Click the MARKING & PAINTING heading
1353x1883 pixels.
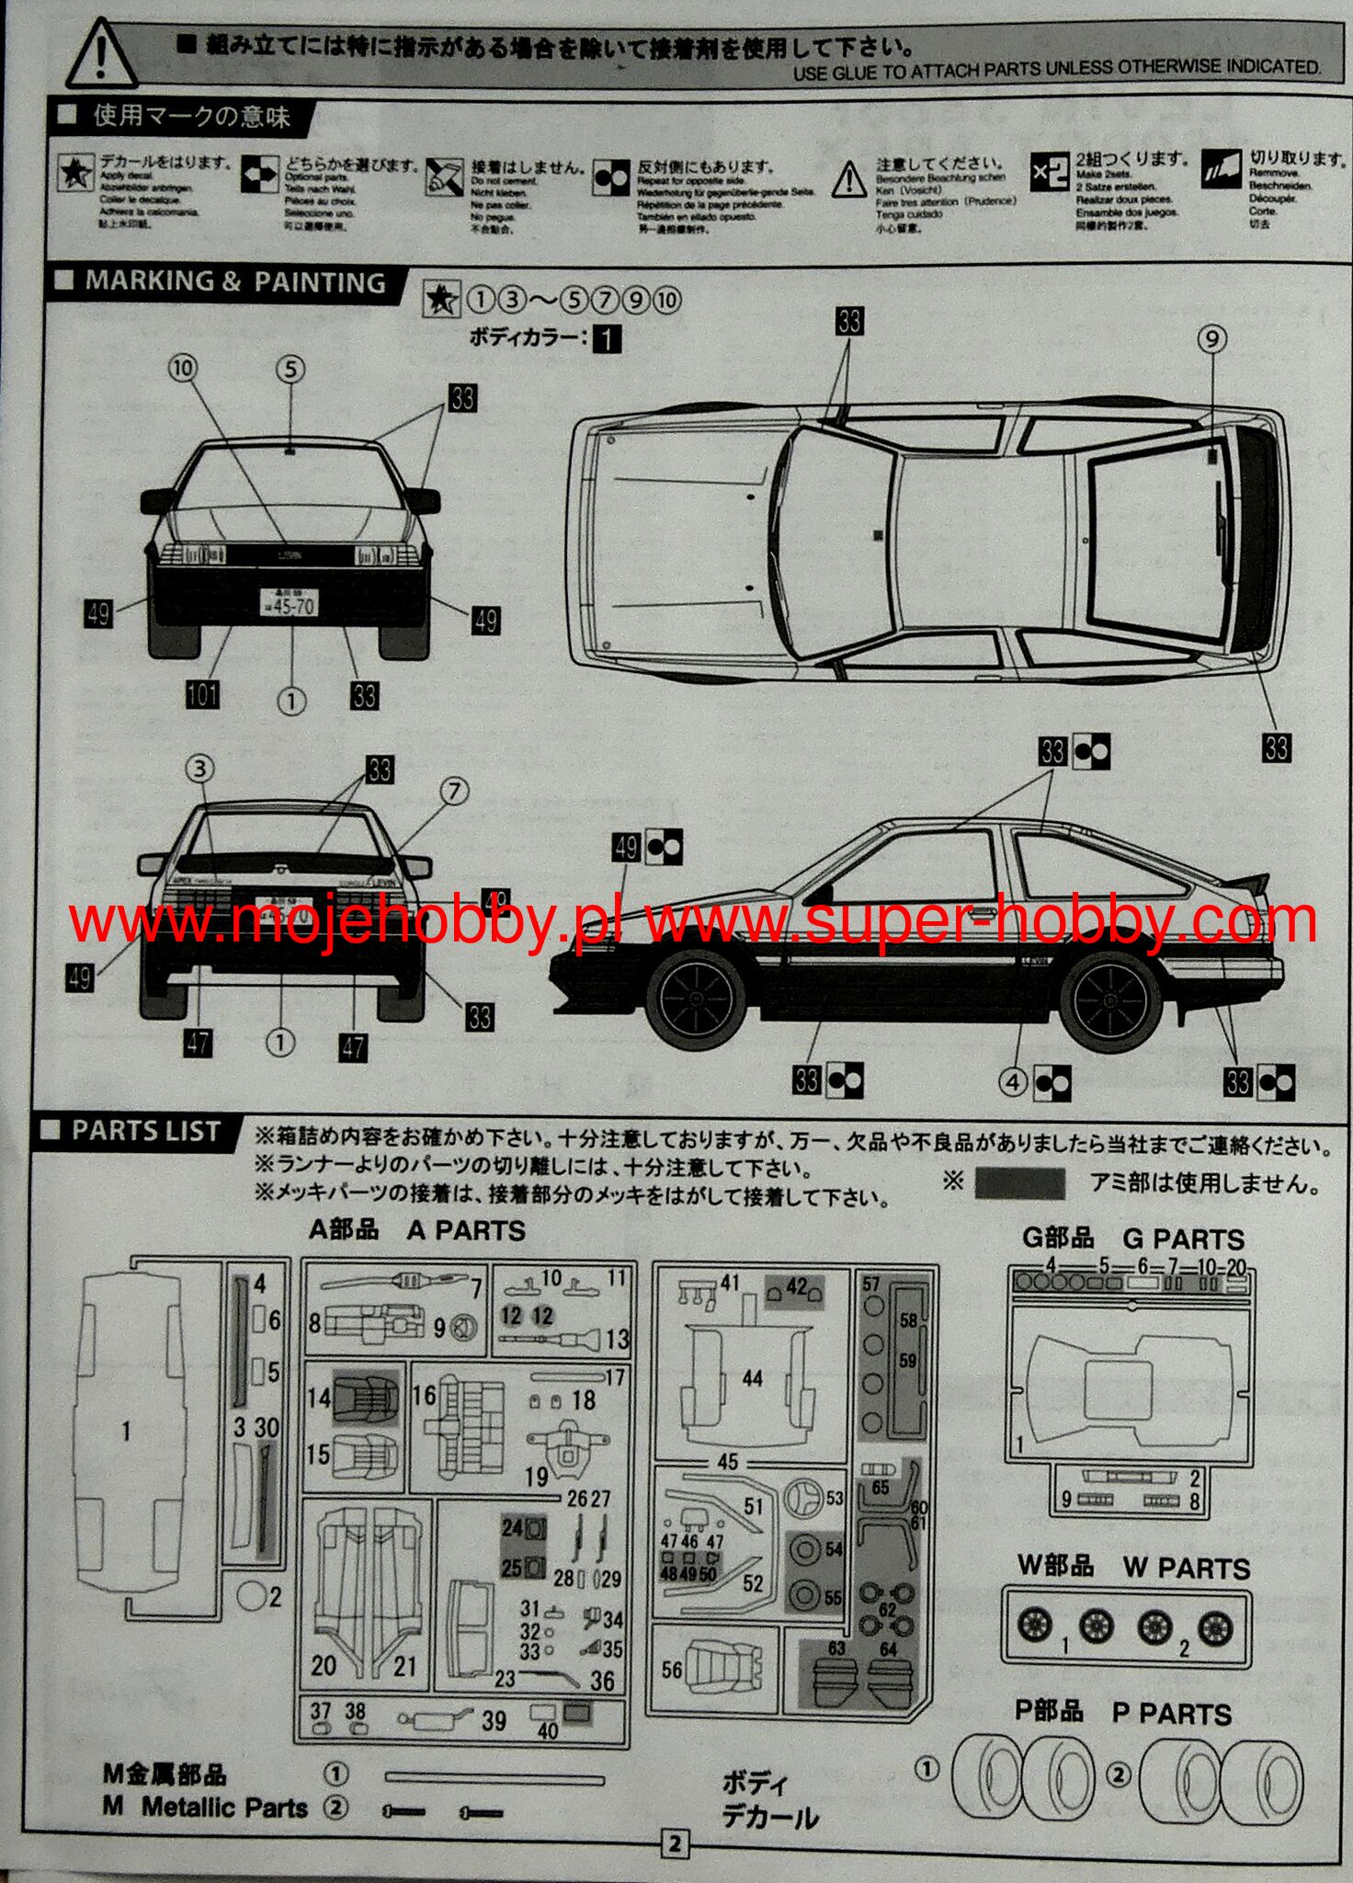click(234, 282)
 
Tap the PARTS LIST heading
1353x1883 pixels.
click(145, 1130)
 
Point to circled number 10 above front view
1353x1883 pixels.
click(183, 369)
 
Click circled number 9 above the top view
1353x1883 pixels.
click(1212, 339)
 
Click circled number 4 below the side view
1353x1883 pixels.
click(1013, 1082)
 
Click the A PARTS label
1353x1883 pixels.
click(465, 1230)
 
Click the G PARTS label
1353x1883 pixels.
click(1182, 1238)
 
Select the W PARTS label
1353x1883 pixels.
click(1186, 1568)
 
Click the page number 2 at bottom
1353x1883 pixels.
click(675, 1843)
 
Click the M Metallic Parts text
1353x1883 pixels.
click(223, 1807)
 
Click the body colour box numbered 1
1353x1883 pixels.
click(607, 339)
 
